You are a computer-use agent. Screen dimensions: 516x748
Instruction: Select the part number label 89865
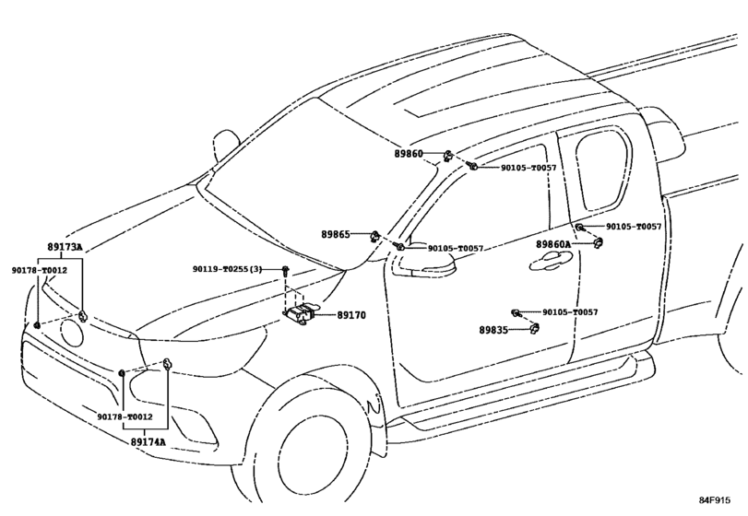pos(336,235)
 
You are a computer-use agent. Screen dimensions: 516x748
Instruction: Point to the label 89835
pos(494,329)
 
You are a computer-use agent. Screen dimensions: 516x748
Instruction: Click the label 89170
pos(351,315)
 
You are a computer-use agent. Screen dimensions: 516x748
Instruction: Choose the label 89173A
pos(65,248)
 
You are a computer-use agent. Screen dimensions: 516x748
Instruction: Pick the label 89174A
pos(147,442)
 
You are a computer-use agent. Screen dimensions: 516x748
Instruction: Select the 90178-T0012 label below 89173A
pos(39,270)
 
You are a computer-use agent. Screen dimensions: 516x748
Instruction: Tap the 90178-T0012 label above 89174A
pos(125,416)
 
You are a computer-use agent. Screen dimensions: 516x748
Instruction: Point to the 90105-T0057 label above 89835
pos(569,312)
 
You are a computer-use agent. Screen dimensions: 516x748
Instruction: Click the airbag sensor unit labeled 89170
pos(303,313)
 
